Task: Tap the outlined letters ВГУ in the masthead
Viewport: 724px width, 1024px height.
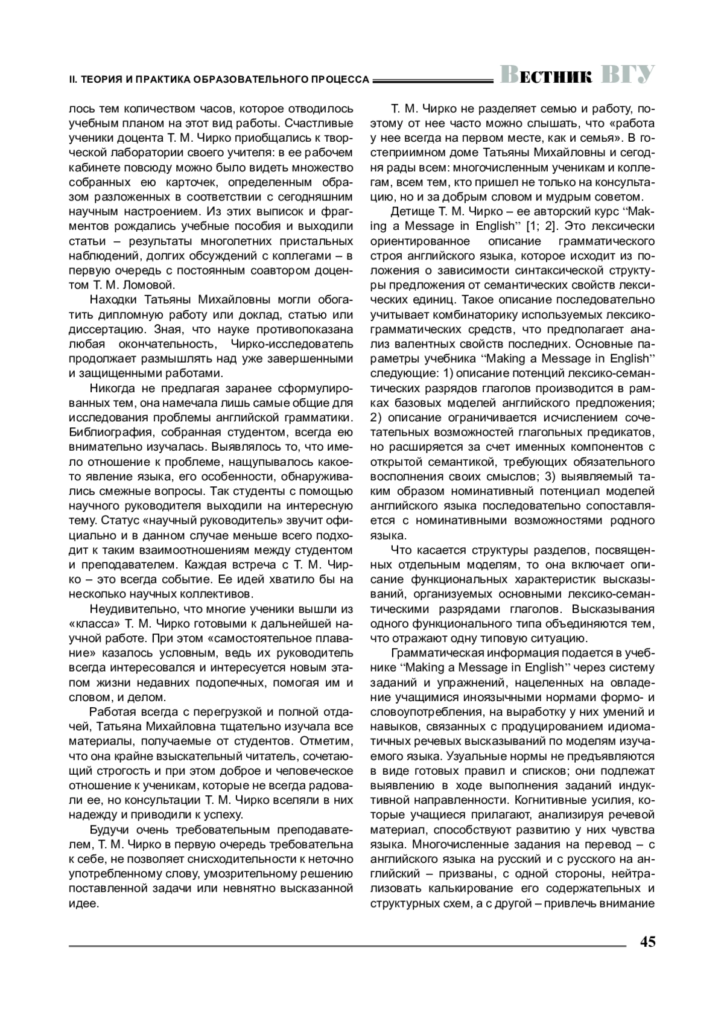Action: point(628,74)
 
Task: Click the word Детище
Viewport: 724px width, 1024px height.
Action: point(410,212)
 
